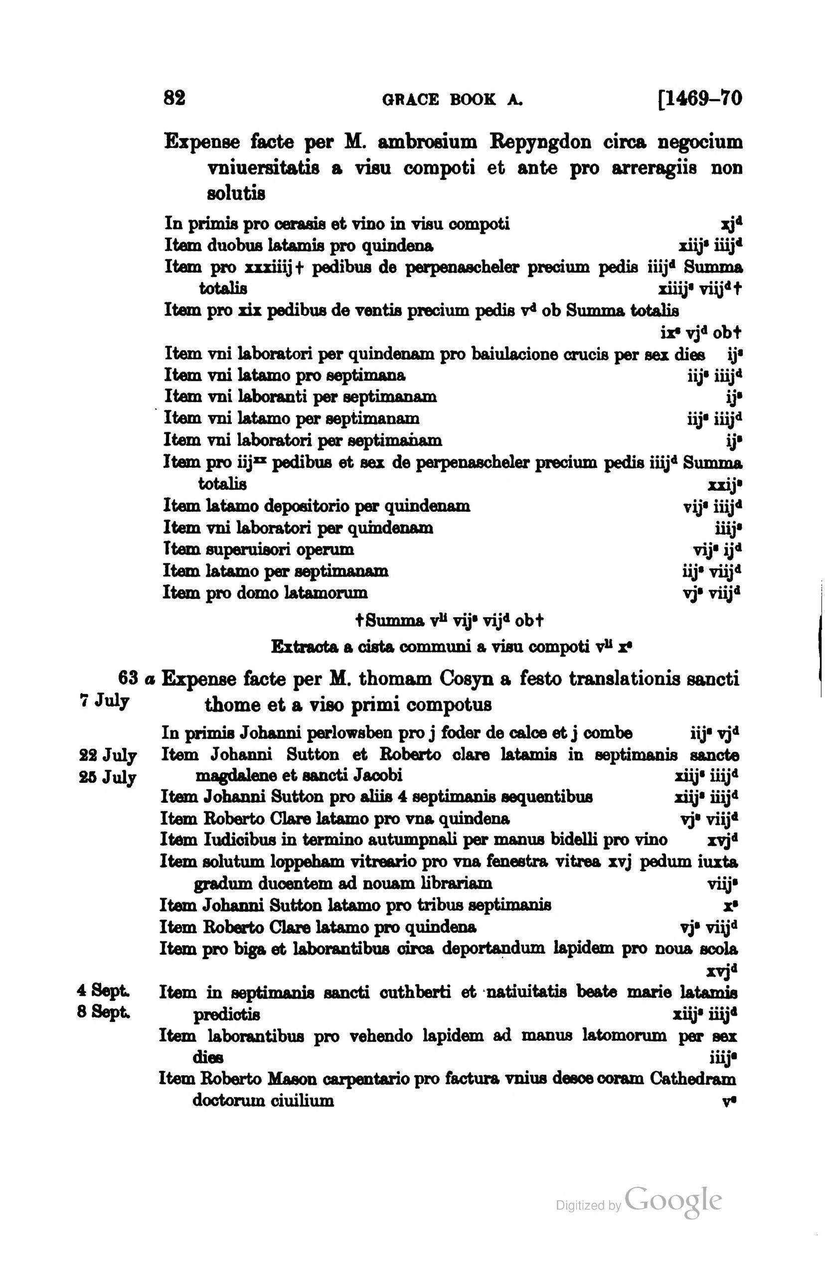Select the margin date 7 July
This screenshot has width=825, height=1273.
tap(104, 701)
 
